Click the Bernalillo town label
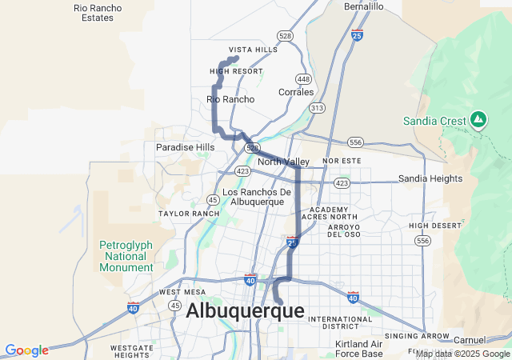tap(364, 6)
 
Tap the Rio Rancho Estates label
tap(98, 12)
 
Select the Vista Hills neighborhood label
tap(253, 50)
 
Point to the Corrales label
tap(296, 92)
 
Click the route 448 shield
tap(302, 78)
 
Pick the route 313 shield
tap(318, 107)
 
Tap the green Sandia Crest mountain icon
tap(478, 120)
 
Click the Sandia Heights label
tap(430, 178)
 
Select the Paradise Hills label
tap(185, 147)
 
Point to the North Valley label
tap(283, 162)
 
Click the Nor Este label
tap(337, 161)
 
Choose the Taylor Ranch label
tap(189, 214)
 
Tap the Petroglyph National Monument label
tap(123, 256)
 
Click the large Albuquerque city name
tap(245, 311)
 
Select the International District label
tap(340, 322)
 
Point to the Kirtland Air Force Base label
tap(359, 349)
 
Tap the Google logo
tap(26, 350)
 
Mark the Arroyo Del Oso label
tap(333, 230)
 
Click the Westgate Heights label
tap(132, 351)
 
